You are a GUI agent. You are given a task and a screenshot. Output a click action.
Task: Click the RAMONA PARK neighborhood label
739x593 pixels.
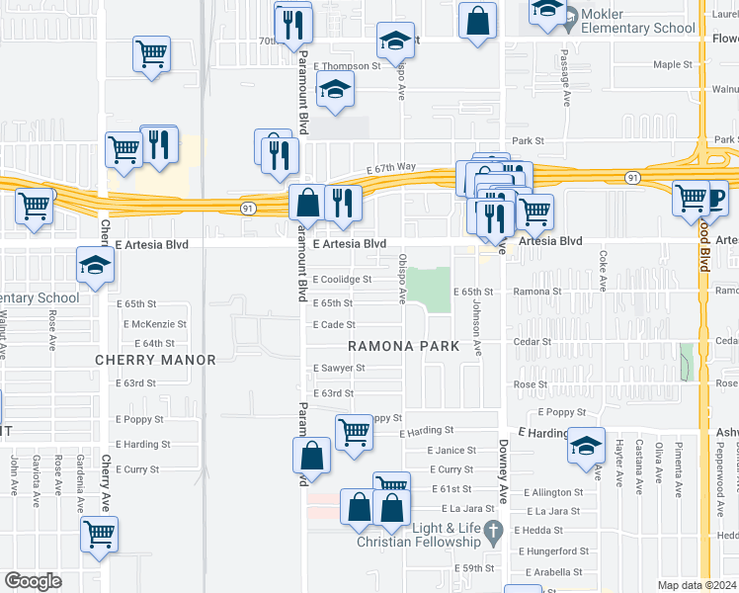pyautogui.click(x=403, y=346)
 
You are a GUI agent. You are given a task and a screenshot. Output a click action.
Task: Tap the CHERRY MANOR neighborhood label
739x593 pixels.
pyautogui.click(x=154, y=360)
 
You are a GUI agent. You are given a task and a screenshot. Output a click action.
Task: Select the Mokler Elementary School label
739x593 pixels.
pyautogui.click(x=651, y=20)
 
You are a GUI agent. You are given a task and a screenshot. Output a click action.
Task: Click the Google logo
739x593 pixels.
pyautogui.click(x=34, y=580)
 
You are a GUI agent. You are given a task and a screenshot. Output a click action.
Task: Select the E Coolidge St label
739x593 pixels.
pyautogui.click(x=342, y=280)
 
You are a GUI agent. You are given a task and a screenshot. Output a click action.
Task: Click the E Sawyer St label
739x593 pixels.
pyautogui.click(x=339, y=368)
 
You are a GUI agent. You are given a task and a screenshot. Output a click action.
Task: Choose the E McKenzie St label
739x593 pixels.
pyautogui.click(x=155, y=324)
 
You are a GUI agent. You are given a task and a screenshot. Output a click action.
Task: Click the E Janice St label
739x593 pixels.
pyautogui.click(x=452, y=451)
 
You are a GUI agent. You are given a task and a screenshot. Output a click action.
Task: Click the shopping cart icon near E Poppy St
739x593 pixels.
pyautogui.click(x=353, y=431)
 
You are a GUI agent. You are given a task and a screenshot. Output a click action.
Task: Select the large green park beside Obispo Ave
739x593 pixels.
pyautogui.click(x=430, y=288)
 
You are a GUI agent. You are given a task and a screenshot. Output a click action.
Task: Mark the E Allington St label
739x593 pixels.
pyautogui.click(x=555, y=492)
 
